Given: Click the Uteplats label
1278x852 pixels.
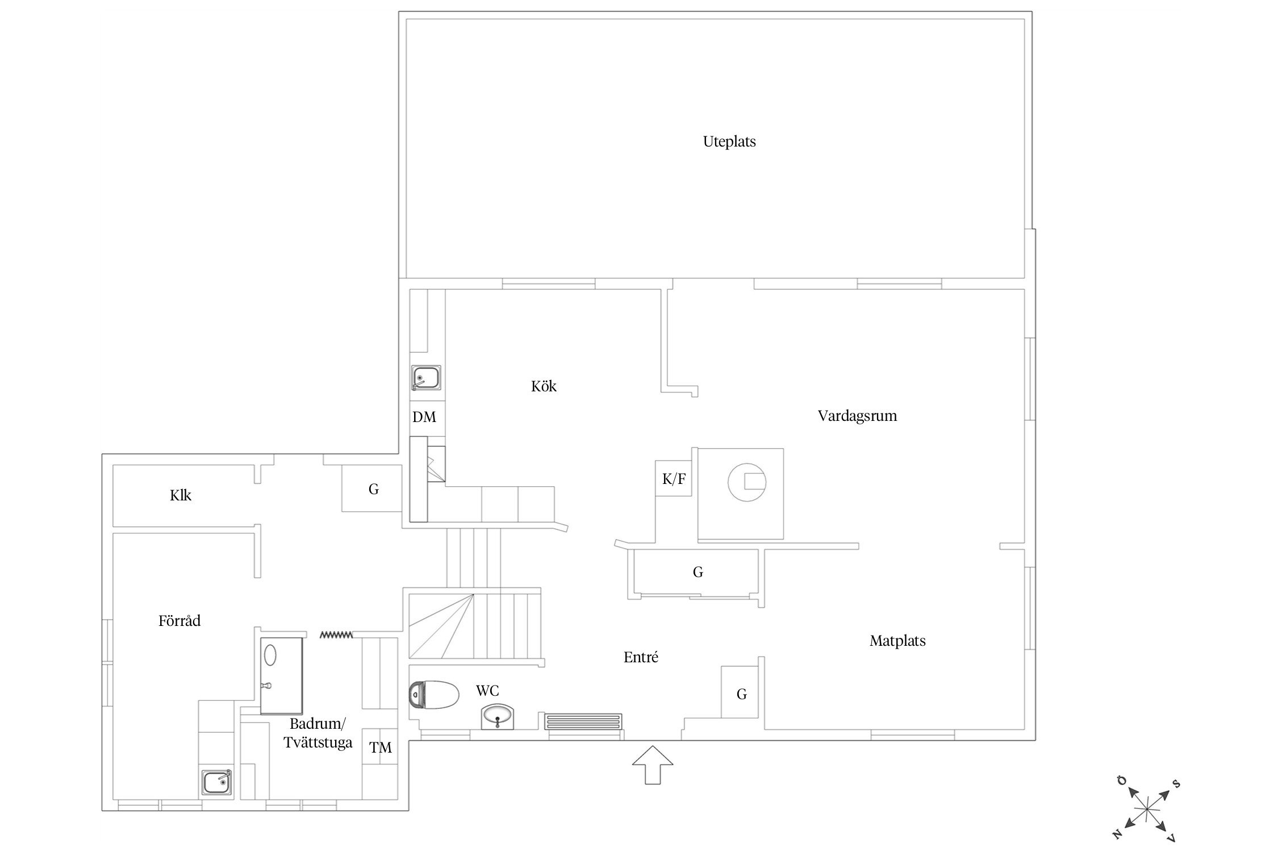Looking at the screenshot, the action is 729,141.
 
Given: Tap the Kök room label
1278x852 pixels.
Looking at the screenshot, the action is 544,386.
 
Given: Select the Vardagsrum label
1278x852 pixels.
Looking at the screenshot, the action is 857,416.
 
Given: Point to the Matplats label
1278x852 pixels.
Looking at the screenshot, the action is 897,641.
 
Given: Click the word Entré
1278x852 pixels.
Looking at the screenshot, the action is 641,657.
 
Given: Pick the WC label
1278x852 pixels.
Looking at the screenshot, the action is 487,691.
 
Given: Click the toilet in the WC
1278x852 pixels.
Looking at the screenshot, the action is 433,695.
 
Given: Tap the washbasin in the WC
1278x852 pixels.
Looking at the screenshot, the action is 498,717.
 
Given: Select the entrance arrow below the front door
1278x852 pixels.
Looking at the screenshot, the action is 653,765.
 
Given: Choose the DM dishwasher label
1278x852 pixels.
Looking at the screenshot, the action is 424,417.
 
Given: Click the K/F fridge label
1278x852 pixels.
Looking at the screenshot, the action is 674,479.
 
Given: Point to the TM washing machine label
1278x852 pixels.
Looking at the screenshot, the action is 381,747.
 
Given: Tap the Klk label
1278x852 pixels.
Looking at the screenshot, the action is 181,495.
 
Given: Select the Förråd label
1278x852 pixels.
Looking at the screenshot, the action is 179,621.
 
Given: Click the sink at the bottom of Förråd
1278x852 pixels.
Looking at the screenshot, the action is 217,783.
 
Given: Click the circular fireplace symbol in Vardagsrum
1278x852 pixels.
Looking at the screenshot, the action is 747,482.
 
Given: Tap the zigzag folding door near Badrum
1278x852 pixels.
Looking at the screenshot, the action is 336,634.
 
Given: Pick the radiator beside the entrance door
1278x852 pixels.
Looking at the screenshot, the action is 583,721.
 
